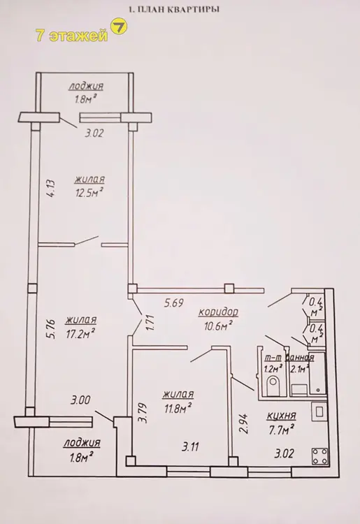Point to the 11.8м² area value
pyautogui.click(x=177, y=408)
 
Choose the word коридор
pyautogui.click(x=218, y=312)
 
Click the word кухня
pyautogui.click(x=281, y=416)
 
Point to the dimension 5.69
pyautogui.click(x=173, y=303)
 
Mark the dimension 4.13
pyautogui.click(x=53, y=188)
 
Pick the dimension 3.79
pyautogui.click(x=144, y=414)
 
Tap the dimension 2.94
pyautogui.click(x=245, y=423)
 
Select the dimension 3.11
pyautogui.click(x=192, y=447)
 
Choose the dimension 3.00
pyautogui.click(x=80, y=400)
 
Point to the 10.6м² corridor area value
pyautogui.click(x=218, y=326)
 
